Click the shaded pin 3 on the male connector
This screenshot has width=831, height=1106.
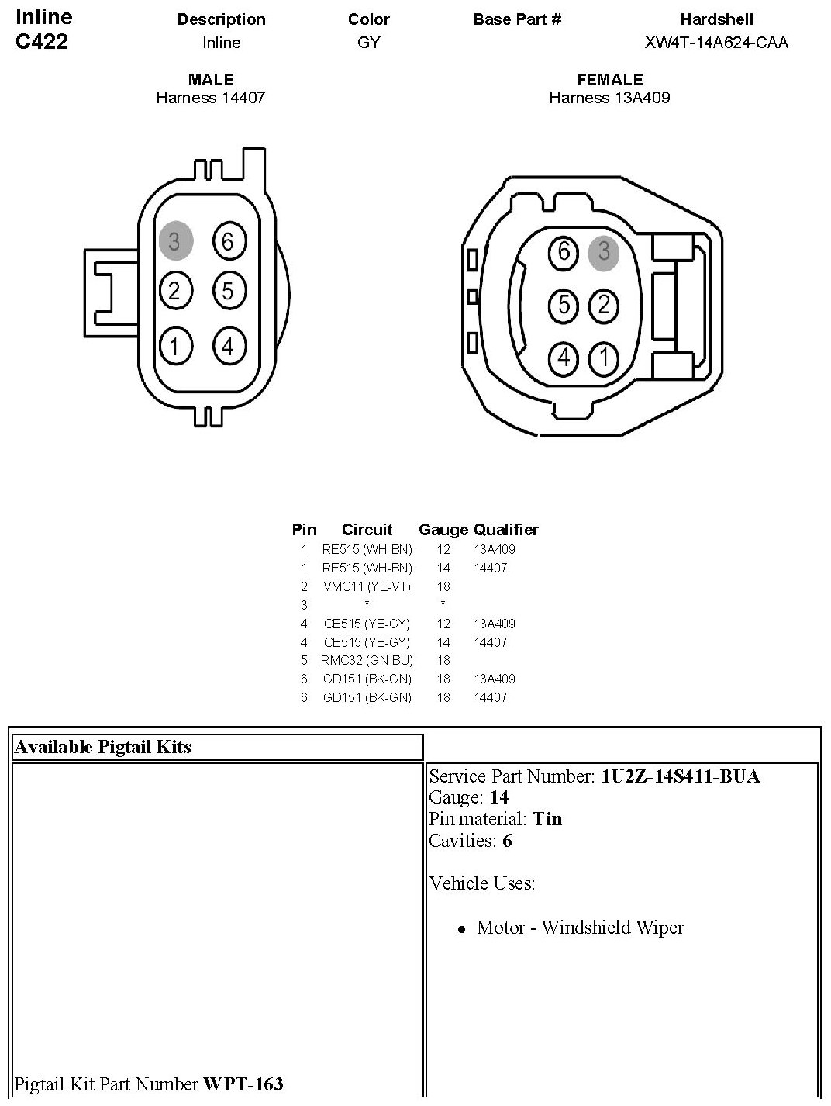point(174,241)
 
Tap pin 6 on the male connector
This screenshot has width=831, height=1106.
point(227,241)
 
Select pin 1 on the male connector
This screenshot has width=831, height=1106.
point(175,346)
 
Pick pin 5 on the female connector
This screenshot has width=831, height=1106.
point(564,305)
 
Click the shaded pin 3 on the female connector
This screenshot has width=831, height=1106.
point(604,251)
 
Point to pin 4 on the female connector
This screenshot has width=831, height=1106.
point(564,358)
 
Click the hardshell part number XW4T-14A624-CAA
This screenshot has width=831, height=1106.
point(716,43)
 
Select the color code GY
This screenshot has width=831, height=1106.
point(369,43)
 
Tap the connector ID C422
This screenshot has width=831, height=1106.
point(42,42)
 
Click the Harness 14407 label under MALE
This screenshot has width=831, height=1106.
point(211,98)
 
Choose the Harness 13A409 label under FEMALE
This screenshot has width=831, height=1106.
point(609,98)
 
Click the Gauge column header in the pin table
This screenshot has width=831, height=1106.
point(443,530)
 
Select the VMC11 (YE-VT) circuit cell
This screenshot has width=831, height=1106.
point(367,586)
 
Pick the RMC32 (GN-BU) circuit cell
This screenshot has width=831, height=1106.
point(367,660)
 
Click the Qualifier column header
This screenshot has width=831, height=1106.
point(506,530)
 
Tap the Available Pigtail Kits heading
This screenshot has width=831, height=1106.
point(103,747)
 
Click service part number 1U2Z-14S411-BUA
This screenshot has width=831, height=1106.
point(680,776)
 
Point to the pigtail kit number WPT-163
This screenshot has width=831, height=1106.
point(243,1084)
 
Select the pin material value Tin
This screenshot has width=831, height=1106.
point(547,819)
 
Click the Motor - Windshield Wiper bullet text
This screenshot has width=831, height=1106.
point(580,928)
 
